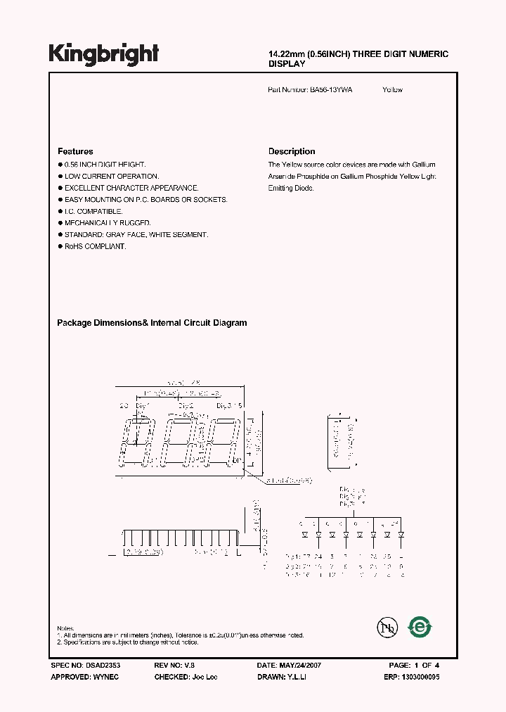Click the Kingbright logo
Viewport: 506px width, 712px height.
click(103, 53)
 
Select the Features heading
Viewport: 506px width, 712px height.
click(75, 151)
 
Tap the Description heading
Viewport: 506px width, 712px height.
click(292, 151)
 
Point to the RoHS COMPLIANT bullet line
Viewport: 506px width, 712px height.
click(95, 247)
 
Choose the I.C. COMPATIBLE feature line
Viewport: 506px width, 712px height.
click(93, 211)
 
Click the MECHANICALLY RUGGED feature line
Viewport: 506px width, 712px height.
click(108, 223)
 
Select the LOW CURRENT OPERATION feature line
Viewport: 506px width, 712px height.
click(112, 176)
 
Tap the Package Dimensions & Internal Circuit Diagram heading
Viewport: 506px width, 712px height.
click(152, 323)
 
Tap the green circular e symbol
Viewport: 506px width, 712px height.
click(420, 626)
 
